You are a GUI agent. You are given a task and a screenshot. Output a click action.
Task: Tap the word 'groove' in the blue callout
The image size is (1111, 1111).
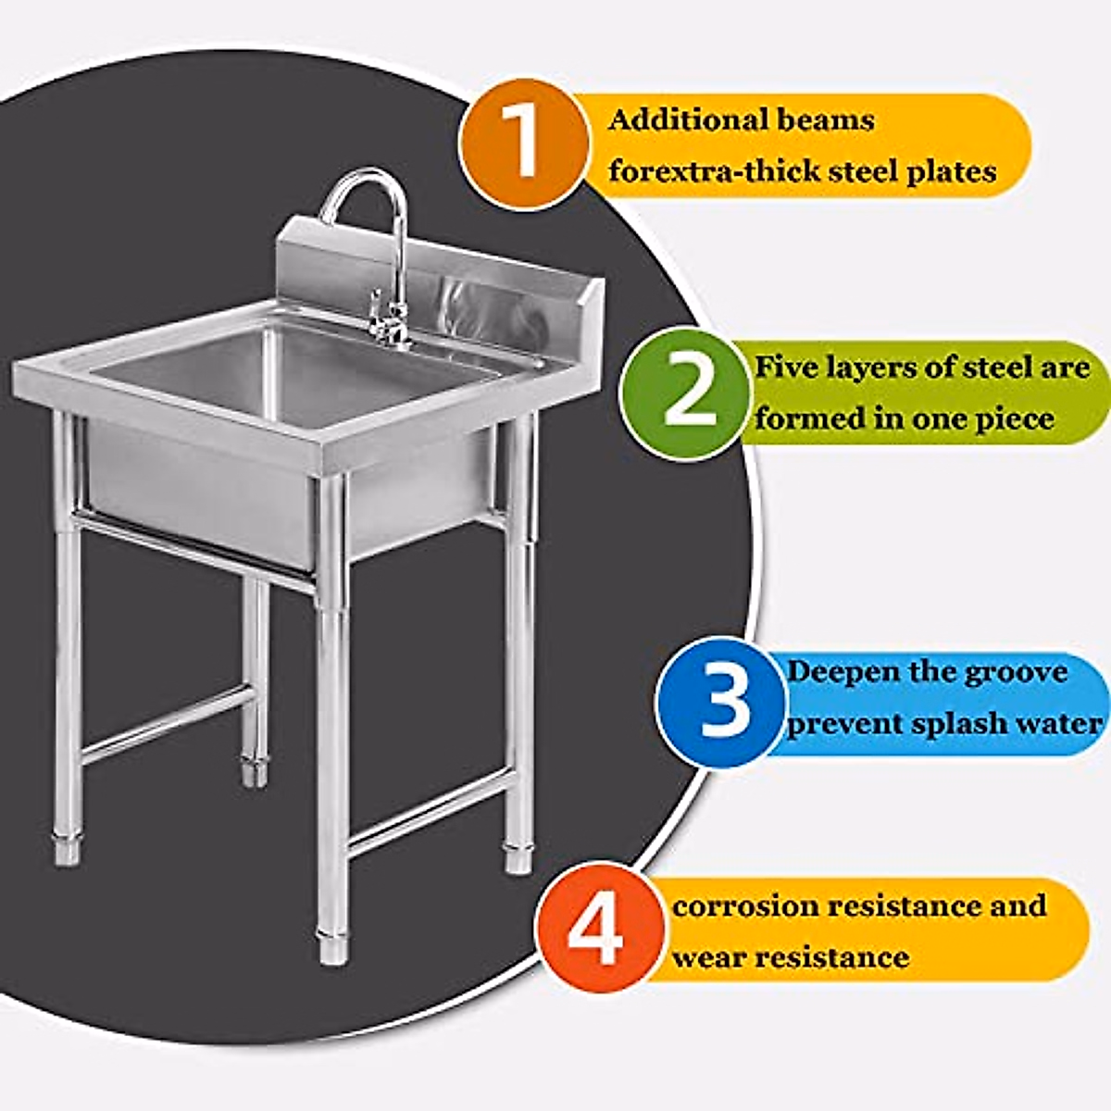(1016, 672)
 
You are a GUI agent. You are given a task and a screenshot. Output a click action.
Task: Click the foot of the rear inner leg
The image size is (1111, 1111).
(255, 770)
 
